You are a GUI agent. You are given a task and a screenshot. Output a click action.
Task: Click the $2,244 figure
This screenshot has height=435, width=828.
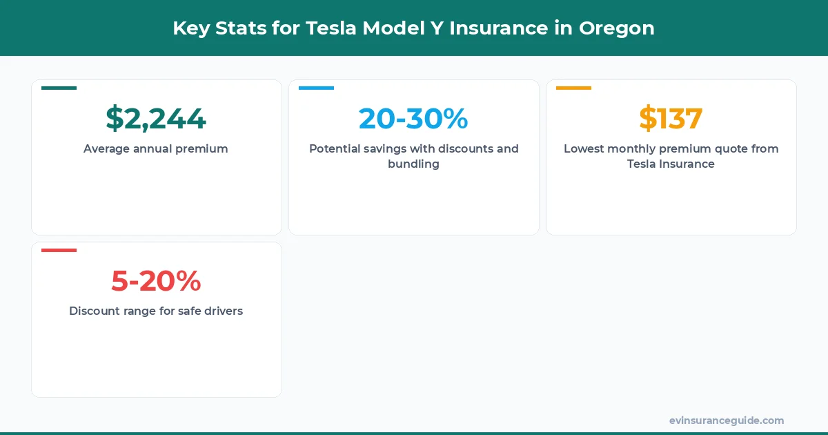156,119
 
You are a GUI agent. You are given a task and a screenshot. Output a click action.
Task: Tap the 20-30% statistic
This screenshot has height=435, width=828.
413,119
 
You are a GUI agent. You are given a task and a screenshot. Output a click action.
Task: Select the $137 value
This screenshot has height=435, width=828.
671,119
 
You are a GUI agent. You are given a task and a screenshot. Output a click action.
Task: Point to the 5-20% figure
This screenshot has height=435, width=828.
156,281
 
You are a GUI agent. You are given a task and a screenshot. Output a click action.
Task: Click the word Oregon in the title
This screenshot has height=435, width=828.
617,28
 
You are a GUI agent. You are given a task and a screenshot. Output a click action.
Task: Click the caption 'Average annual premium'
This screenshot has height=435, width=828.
156,148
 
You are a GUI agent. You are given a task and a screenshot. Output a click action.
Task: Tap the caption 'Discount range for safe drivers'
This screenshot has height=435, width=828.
156,311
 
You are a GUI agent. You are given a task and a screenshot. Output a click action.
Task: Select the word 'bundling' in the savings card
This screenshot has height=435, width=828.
413,164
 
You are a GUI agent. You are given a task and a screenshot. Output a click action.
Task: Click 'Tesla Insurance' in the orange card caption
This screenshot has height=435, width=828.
671,164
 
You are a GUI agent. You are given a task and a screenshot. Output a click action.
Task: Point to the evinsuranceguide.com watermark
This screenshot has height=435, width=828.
727,420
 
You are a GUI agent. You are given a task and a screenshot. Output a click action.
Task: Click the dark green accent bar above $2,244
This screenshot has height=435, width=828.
59,88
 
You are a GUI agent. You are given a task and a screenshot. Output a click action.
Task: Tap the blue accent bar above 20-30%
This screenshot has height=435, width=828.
316,88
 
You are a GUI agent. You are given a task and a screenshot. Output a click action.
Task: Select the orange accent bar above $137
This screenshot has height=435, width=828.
573,88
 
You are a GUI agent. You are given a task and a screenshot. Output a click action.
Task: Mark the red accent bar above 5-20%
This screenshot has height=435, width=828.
59,250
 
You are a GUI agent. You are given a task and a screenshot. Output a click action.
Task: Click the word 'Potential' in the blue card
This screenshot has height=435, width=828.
336,148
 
